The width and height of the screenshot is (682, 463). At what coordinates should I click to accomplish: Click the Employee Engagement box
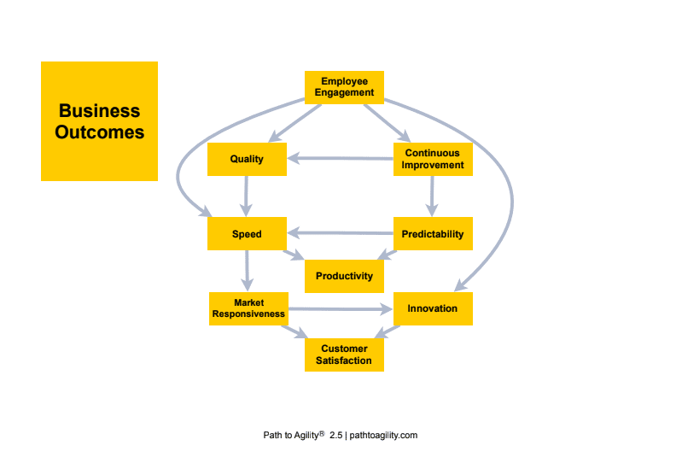point(345,87)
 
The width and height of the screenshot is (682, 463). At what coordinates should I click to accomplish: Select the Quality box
point(247,159)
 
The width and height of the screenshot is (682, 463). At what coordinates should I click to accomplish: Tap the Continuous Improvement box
point(433,159)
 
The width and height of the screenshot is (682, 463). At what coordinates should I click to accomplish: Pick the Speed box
point(247,234)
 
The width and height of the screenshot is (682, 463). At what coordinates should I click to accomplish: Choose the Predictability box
point(433,234)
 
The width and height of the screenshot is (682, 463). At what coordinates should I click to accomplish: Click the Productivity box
point(345,276)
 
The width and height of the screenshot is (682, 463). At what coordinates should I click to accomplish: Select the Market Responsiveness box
point(248,308)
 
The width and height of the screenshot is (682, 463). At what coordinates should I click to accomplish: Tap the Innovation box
point(433,308)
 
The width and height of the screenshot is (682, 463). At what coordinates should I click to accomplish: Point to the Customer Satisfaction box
point(345,355)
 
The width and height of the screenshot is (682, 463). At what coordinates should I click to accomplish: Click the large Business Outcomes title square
point(99,121)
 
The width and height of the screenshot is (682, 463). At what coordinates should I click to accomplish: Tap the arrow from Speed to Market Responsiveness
point(247,272)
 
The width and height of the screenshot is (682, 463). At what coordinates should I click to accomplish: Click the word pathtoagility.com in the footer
point(383,436)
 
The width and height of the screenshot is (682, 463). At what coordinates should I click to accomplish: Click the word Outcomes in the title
point(99,132)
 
